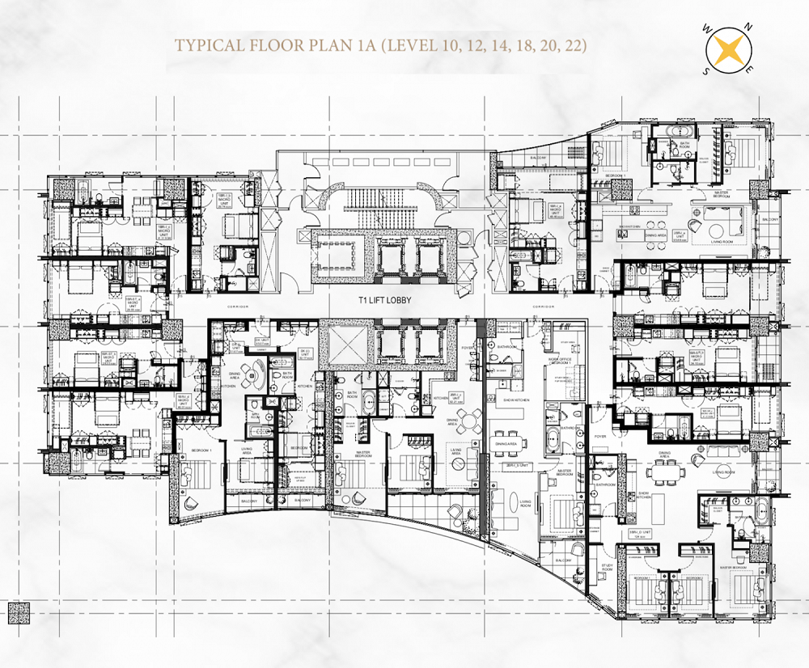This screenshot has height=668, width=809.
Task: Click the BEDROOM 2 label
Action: click(x=693, y=579)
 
